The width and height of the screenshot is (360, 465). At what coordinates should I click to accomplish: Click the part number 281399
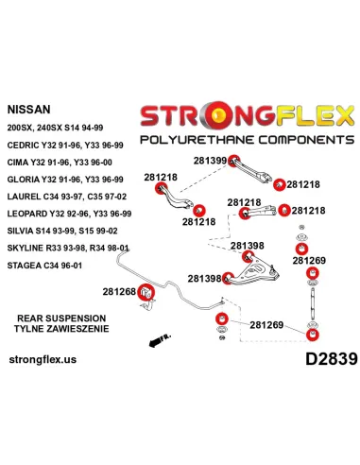tap(210, 161)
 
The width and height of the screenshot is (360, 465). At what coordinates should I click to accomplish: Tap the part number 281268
tap(119, 292)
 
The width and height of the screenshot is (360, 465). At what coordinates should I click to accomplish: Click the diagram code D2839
tap(332, 359)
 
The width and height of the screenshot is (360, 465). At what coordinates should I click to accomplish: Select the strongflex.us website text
tap(43, 359)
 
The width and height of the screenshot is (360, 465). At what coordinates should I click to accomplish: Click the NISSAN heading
tap(28, 110)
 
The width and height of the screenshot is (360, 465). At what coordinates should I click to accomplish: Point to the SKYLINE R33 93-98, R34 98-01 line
tap(68, 248)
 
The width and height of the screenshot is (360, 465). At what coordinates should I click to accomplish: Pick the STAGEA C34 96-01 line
tap(44, 266)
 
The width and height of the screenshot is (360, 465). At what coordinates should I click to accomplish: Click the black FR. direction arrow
tap(160, 340)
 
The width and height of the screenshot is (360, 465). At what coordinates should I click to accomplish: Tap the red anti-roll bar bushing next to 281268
tap(146, 292)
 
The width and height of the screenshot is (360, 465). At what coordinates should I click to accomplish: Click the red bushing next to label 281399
tap(233, 161)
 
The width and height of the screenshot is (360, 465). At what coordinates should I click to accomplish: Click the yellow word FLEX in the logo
tap(316, 115)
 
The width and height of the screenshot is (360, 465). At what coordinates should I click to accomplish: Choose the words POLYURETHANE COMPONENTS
tap(248, 139)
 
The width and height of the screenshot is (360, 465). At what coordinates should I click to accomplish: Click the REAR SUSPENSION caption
tap(61, 319)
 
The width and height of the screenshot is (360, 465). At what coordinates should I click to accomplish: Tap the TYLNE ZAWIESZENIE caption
tap(61, 329)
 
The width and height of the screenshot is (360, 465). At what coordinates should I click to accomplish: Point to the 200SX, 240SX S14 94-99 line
tap(55, 128)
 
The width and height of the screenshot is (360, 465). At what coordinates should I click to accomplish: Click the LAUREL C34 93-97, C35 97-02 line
tap(67, 197)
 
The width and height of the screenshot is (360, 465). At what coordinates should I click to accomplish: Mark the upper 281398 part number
tap(248, 246)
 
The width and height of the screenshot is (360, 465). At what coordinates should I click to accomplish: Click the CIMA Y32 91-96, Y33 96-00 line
tap(60, 163)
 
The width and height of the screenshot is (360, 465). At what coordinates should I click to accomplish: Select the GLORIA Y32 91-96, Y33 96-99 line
tap(65, 180)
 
